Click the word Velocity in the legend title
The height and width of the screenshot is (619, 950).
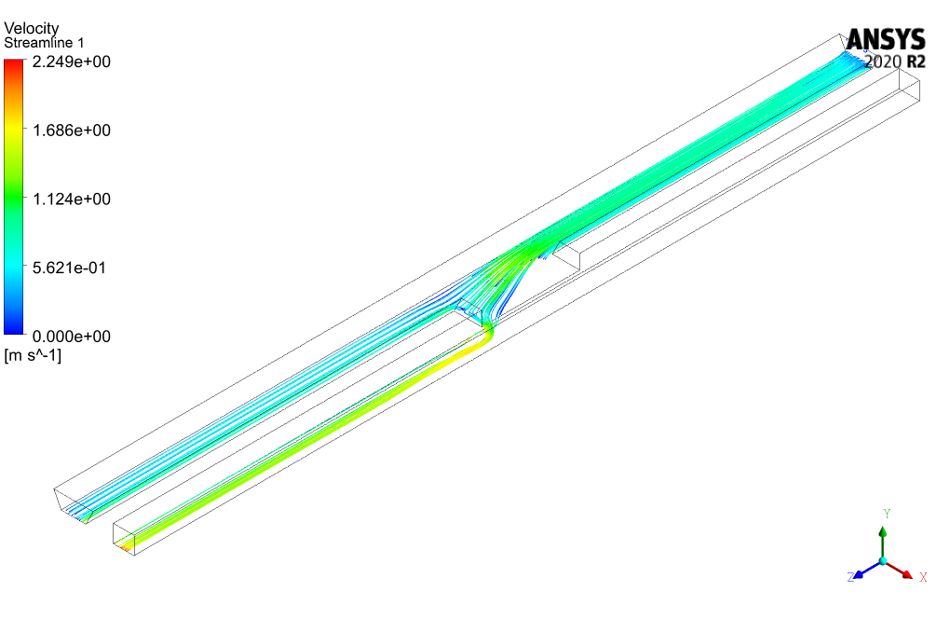coord(32,28)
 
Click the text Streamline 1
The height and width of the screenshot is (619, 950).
coord(44,43)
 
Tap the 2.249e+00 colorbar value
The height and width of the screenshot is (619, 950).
coord(72,62)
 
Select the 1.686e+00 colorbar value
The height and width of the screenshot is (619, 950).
coord(72,131)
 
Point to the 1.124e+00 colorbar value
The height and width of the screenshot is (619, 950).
coord(72,199)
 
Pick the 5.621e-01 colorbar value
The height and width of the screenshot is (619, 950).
coord(69,268)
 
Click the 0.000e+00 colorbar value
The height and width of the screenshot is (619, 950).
coord(72,336)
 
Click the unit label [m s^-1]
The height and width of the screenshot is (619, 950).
coord(33,354)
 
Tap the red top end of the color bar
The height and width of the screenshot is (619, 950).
coord(13,64)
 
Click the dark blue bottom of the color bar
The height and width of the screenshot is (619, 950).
coord(13,328)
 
